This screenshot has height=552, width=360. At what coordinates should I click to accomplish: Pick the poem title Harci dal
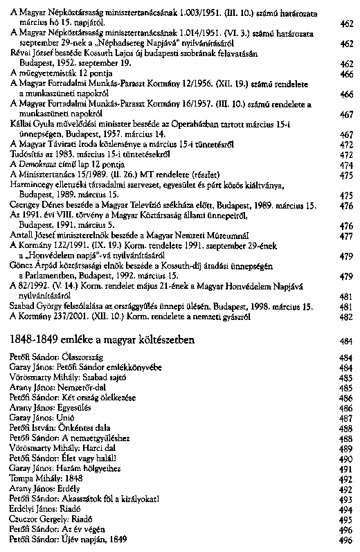point(96,447)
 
